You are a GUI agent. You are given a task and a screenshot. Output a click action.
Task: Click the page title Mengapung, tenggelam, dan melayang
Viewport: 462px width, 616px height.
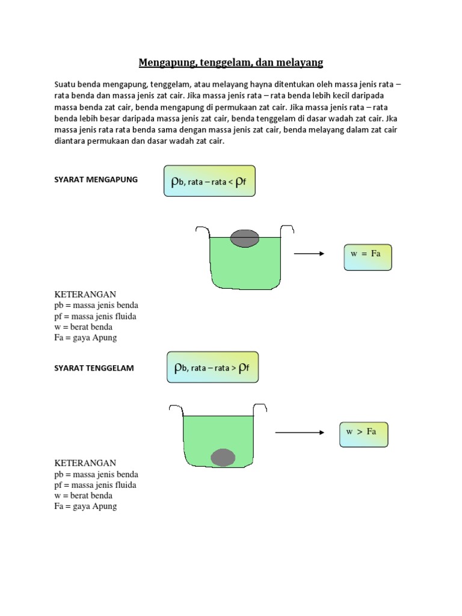pyautogui.click(x=231, y=62)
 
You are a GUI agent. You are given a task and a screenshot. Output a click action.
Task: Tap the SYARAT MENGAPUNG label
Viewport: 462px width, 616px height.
pyautogui.click(x=96, y=179)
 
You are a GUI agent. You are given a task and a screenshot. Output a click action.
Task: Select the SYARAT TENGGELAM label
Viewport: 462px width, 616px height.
pyautogui.click(x=94, y=368)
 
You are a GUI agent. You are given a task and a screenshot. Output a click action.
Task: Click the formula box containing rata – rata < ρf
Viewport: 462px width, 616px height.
pyautogui.click(x=209, y=181)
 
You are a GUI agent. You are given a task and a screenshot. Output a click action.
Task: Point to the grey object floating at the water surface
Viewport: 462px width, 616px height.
pyautogui.click(x=245, y=238)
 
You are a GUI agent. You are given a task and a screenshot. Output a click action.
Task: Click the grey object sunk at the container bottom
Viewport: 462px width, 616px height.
pyautogui.click(x=223, y=458)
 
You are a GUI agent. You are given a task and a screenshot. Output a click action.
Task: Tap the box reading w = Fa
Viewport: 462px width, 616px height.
pyautogui.click(x=366, y=254)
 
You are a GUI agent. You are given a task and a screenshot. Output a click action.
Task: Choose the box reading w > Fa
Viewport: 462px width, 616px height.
pyautogui.click(x=363, y=432)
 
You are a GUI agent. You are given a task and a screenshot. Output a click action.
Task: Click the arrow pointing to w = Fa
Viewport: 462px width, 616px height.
pyautogui.click(x=309, y=254)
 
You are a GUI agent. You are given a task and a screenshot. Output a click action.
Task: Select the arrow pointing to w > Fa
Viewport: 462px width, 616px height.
pyautogui.click(x=300, y=432)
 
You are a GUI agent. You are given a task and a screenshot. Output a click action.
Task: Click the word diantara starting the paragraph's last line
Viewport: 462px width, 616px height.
pyautogui.click(x=71, y=141)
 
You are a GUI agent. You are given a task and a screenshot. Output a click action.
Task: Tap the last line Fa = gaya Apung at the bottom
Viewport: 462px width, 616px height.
pyautogui.click(x=85, y=507)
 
